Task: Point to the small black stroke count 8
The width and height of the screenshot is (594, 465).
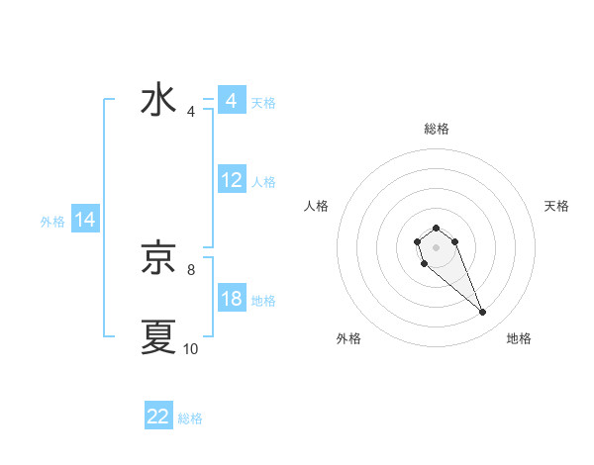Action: [x=191, y=268]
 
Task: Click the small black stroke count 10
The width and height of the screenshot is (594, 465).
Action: [x=191, y=348]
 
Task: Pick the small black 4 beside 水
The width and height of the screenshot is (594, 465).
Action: [x=191, y=111]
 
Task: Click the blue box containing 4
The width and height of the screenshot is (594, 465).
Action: [x=231, y=101]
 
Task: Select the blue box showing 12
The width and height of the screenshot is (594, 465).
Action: [x=231, y=181]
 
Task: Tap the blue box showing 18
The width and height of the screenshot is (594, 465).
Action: [x=231, y=300]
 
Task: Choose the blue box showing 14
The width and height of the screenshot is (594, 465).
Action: [x=85, y=221]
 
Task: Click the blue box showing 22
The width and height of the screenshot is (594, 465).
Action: [x=158, y=418]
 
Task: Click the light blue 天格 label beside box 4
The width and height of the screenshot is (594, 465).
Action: [x=263, y=102]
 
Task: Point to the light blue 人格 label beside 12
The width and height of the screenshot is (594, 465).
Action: [x=263, y=182]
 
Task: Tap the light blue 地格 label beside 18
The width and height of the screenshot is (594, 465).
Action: [x=263, y=301]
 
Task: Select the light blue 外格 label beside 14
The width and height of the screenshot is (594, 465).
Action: [x=52, y=222]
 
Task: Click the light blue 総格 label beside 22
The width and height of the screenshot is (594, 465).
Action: [x=190, y=418]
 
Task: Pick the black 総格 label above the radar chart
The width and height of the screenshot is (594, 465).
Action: [x=437, y=129]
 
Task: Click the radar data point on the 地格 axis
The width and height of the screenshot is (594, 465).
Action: [x=483, y=313]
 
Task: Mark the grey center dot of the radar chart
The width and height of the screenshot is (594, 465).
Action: [x=436, y=246]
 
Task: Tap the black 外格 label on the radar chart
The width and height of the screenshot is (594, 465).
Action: [x=348, y=339]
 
